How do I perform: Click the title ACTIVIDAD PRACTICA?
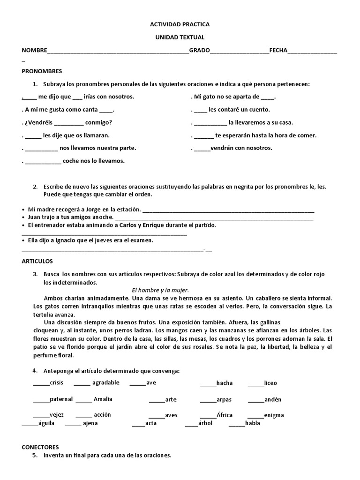(x=180, y=24)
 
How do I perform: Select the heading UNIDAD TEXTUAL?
(x=180, y=37)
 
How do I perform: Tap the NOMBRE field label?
(x=34, y=51)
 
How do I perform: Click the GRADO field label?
(x=199, y=51)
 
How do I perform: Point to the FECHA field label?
(x=278, y=51)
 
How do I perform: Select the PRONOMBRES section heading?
(x=42, y=71)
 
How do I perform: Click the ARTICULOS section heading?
(x=37, y=261)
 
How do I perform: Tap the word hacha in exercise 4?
(x=225, y=383)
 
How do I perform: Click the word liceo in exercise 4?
(x=270, y=383)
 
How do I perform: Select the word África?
(x=225, y=415)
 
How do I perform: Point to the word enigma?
(x=274, y=415)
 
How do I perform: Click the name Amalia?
(x=103, y=399)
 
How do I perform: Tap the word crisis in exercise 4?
(x=56, y=383)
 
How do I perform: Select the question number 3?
(x=35, y=274)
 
